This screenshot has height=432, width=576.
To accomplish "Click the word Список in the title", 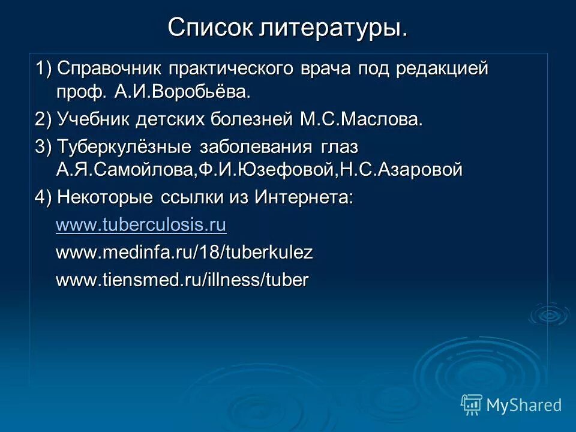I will coord(210,28).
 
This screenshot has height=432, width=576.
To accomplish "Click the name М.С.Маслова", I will coord(362,119).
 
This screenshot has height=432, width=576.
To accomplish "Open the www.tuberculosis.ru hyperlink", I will coord(141,225).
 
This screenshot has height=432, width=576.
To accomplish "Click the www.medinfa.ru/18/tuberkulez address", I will coord(184,253).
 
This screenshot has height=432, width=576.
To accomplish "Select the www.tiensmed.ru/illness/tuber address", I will coord(182,280).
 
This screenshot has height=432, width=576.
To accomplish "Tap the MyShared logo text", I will coord(524,405).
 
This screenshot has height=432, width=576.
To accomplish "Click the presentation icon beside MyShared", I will coord(472,405).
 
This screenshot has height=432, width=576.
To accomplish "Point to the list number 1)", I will coord(43,68).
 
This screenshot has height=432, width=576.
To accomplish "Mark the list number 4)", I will coord(43,197).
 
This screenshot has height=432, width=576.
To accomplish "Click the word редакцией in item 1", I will coord(442,68).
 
